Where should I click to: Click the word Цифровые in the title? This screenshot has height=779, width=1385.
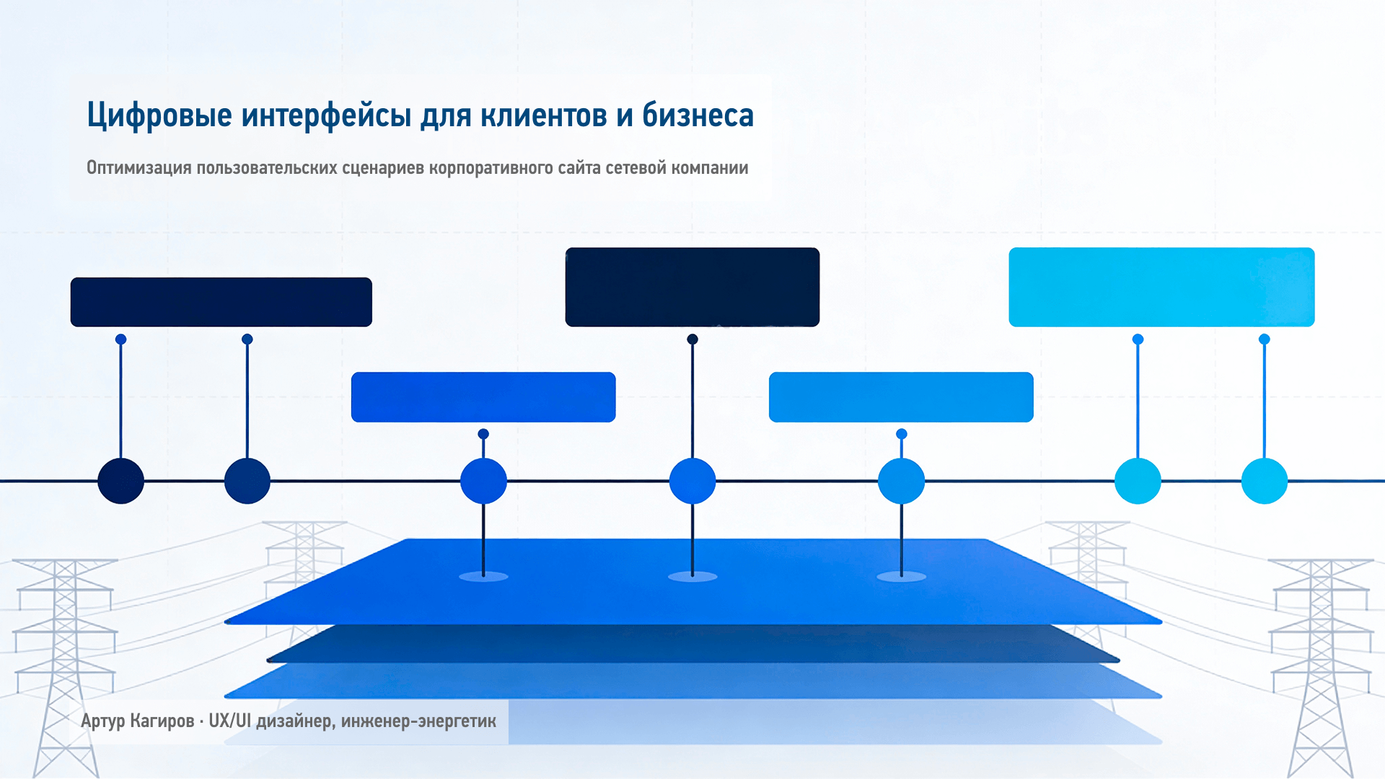point(159,115)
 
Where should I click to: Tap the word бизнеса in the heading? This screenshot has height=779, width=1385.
point(698,115)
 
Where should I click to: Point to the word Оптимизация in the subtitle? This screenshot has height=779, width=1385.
point(139,168)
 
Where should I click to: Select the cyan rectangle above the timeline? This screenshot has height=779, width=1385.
point(1161,287)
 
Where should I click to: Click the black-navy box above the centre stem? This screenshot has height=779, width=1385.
point(692,287)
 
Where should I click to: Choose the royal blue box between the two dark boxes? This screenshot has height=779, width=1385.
point(483,397)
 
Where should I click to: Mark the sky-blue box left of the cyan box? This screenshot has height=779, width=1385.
point(901,397)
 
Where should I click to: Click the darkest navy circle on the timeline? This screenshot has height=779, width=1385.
point(120,481)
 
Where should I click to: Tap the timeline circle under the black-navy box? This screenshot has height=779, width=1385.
point(692,481)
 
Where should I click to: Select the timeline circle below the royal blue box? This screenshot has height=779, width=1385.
point(483,481)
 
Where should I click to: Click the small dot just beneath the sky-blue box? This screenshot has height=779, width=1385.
point(901,434)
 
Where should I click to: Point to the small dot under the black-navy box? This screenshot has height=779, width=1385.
point(692,339)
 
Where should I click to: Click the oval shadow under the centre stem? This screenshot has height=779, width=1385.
point(692,576)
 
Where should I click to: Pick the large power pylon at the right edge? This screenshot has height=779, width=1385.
point(1322,667)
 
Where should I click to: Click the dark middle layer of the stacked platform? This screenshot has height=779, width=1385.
point(692,644)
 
